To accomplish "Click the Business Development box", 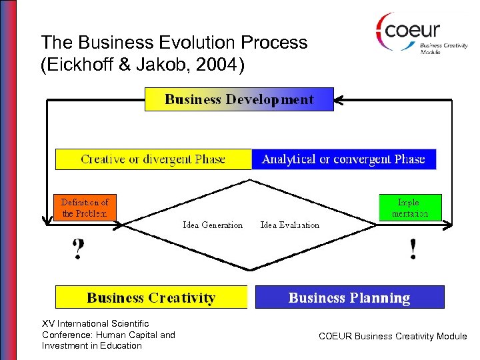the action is (239, 99).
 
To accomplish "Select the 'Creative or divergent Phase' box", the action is (153, 159).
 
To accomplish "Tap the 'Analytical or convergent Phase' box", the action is (343, 159).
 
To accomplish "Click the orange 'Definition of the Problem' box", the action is (85, 207).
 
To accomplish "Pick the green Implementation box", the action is (409, 207).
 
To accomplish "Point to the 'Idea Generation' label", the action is (213, 225).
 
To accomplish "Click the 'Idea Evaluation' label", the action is (289, 225).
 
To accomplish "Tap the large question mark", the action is (78, 249).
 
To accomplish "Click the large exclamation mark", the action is (413, 249).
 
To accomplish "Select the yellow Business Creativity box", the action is (151, 297).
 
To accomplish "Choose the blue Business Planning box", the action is (349, 297).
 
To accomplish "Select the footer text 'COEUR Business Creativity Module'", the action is (393, 337).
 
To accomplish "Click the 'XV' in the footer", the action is (48, 324).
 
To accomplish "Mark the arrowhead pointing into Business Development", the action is (338, 101).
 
